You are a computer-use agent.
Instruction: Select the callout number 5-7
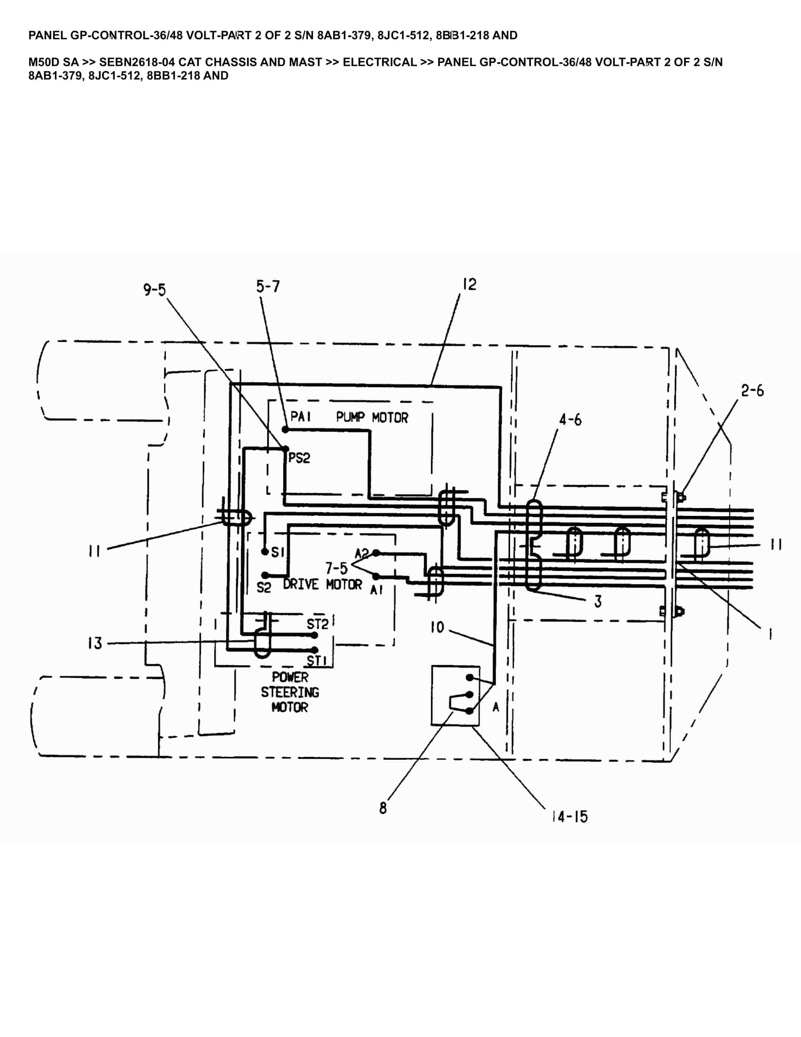[x=268, y=287]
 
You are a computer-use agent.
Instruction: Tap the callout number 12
[x=469, y=284]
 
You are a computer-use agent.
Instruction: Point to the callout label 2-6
[x=753, y=391]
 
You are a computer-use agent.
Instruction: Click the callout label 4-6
[x=570, y=420]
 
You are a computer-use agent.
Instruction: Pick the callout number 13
[x=95, y=643]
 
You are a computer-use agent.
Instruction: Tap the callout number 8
[x=383, y=808]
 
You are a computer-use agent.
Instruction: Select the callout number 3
[x=598, y=602]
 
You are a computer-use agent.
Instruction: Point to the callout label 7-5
[x=336, y=568]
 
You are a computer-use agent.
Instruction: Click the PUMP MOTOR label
[x=372, y=418]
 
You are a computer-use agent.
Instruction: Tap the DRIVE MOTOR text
[x=322, y=585]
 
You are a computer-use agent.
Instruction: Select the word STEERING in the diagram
[x=290, y=692]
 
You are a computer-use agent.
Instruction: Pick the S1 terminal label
[x=277, y=552]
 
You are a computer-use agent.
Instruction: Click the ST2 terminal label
[x=317, y=624]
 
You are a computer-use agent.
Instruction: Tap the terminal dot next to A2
[x=376, y=553]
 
